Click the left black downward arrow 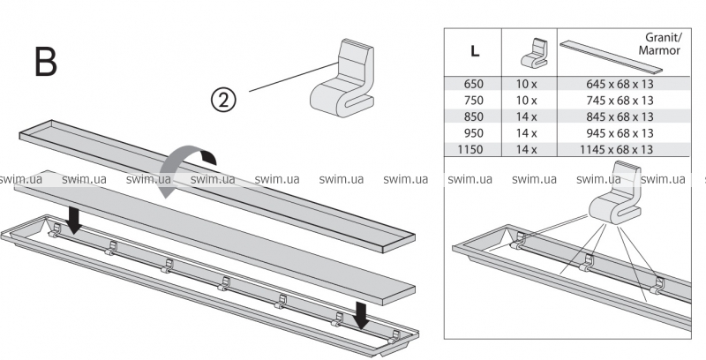[75, 218]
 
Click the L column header [475, 50]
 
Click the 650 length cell [475, 84]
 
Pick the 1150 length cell [473, 150]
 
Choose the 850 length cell [475, 116]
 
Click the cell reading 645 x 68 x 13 [620, 84]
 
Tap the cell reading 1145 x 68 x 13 [620, 150]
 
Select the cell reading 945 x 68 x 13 [620, 133]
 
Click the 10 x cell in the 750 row [527, 101]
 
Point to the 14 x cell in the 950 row [527, 133]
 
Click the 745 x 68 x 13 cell [620, 101]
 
